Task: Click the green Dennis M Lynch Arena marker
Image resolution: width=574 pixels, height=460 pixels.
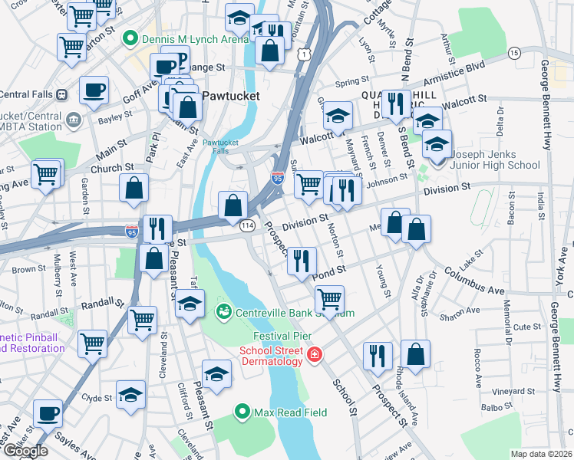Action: (130, 37)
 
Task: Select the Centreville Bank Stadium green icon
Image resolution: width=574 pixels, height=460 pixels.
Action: (224, 312)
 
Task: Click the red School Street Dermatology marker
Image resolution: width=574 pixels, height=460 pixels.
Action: (314, 354)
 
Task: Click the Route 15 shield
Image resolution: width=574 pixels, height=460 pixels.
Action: (514, 52)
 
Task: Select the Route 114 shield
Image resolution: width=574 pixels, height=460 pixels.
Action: (247, 225)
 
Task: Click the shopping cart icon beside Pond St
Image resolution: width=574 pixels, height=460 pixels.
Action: (329, 297)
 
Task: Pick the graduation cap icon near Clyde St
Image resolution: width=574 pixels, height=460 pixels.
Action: (131, 394)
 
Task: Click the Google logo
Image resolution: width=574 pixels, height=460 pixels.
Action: (25, 451)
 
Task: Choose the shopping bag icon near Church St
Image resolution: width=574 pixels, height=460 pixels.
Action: (134, 187)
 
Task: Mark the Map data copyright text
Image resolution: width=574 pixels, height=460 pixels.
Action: (541, 454)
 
